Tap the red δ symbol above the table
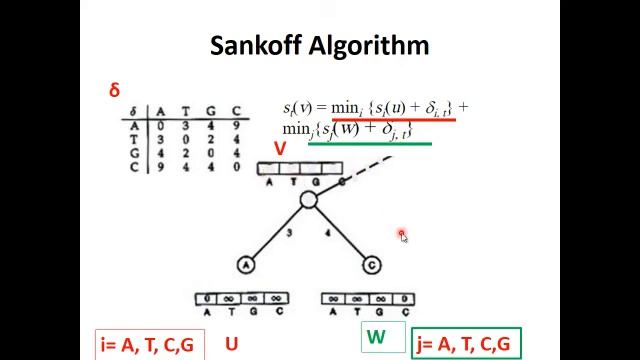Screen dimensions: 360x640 (x=115, y=90)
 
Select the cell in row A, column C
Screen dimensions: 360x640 (x=236, y=126)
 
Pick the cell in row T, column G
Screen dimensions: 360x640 (x=211, y=140)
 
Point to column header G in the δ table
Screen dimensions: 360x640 (x=211, y=111)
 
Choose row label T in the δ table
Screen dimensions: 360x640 (x=134, y=140)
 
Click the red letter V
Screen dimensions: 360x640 (x=280, y=149)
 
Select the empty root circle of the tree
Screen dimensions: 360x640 (x=308, y=201)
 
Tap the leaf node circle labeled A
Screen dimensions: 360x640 (x=246, y=264)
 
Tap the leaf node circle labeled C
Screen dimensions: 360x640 (x=371, y=265)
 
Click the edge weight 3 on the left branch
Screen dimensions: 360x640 (x=290, y=233)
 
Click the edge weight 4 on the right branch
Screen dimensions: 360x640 (x=328, y=233)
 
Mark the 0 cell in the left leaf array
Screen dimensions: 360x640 (x=207, y=298)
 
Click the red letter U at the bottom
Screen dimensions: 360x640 (x=231, y=344)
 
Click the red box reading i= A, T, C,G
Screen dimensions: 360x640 (x=148, y=345)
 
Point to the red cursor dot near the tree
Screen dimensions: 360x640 (x=402, y=235)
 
